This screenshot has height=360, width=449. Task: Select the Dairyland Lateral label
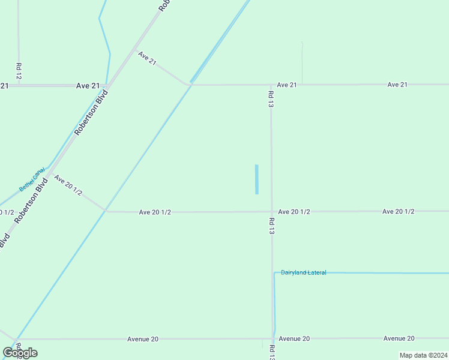tap(303, 273)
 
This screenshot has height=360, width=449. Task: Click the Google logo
tap(20, 353)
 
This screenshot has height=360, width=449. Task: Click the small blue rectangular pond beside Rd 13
tap(257, 179)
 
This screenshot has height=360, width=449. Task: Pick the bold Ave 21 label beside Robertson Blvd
tap(88, 86)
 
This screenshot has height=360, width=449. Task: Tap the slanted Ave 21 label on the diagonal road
tap(147, 59)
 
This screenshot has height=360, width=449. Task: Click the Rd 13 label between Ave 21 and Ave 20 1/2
tap(271, 99)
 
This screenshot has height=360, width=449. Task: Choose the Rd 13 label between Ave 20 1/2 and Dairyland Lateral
tap(271, 226)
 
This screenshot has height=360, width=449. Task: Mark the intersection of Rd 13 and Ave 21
tap(271, 85)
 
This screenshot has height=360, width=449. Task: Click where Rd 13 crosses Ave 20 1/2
tap(271, 211)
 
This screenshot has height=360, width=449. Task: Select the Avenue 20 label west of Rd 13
tap(143, 339)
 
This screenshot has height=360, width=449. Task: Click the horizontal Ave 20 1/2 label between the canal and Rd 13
tap(155, 212)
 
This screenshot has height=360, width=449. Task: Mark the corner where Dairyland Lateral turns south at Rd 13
tap(275, 273)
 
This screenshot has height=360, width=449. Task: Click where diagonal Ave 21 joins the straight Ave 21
tap(190, 85)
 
